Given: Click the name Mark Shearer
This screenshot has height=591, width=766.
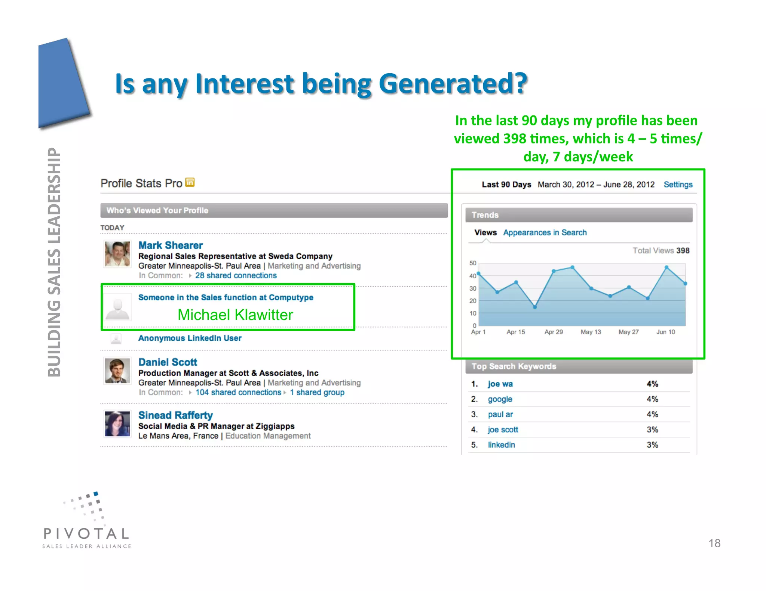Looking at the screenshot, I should [x=171, y=245].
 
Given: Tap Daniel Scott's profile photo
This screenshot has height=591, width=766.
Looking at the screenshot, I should [x=117, y=371].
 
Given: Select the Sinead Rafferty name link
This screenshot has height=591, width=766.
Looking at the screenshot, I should [x=175, y=415].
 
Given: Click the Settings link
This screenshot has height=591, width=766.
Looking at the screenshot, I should [x=678, y=185].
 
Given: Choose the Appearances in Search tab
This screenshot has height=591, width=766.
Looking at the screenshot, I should [x=545, y=233].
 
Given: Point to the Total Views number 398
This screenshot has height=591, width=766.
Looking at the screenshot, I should [x=683, y=251].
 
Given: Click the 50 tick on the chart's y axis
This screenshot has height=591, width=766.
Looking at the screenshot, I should [x=473, y=263].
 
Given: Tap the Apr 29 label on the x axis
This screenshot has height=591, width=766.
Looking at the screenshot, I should [x=553, y=332].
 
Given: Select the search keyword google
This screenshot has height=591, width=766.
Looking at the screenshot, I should [x=500, y=399].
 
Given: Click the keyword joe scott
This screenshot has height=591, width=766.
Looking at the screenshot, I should [x=503, y=430].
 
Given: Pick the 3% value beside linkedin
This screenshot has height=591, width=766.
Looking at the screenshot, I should [x=652, y=445].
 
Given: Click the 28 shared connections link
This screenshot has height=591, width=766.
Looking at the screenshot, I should [x=236, y=276].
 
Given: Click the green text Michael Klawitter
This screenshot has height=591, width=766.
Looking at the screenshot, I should [x=235, y=315].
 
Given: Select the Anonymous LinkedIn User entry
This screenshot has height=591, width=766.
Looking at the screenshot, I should [x=190, y=338].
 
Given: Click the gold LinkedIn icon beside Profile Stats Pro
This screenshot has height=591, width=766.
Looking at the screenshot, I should [x=190, y=182].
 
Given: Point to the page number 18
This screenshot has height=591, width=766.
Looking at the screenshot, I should [x=714, y=543].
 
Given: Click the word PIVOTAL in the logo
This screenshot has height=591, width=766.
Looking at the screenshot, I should [x=86, y=533].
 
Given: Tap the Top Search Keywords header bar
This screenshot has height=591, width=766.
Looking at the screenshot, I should [x=578, y=366].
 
